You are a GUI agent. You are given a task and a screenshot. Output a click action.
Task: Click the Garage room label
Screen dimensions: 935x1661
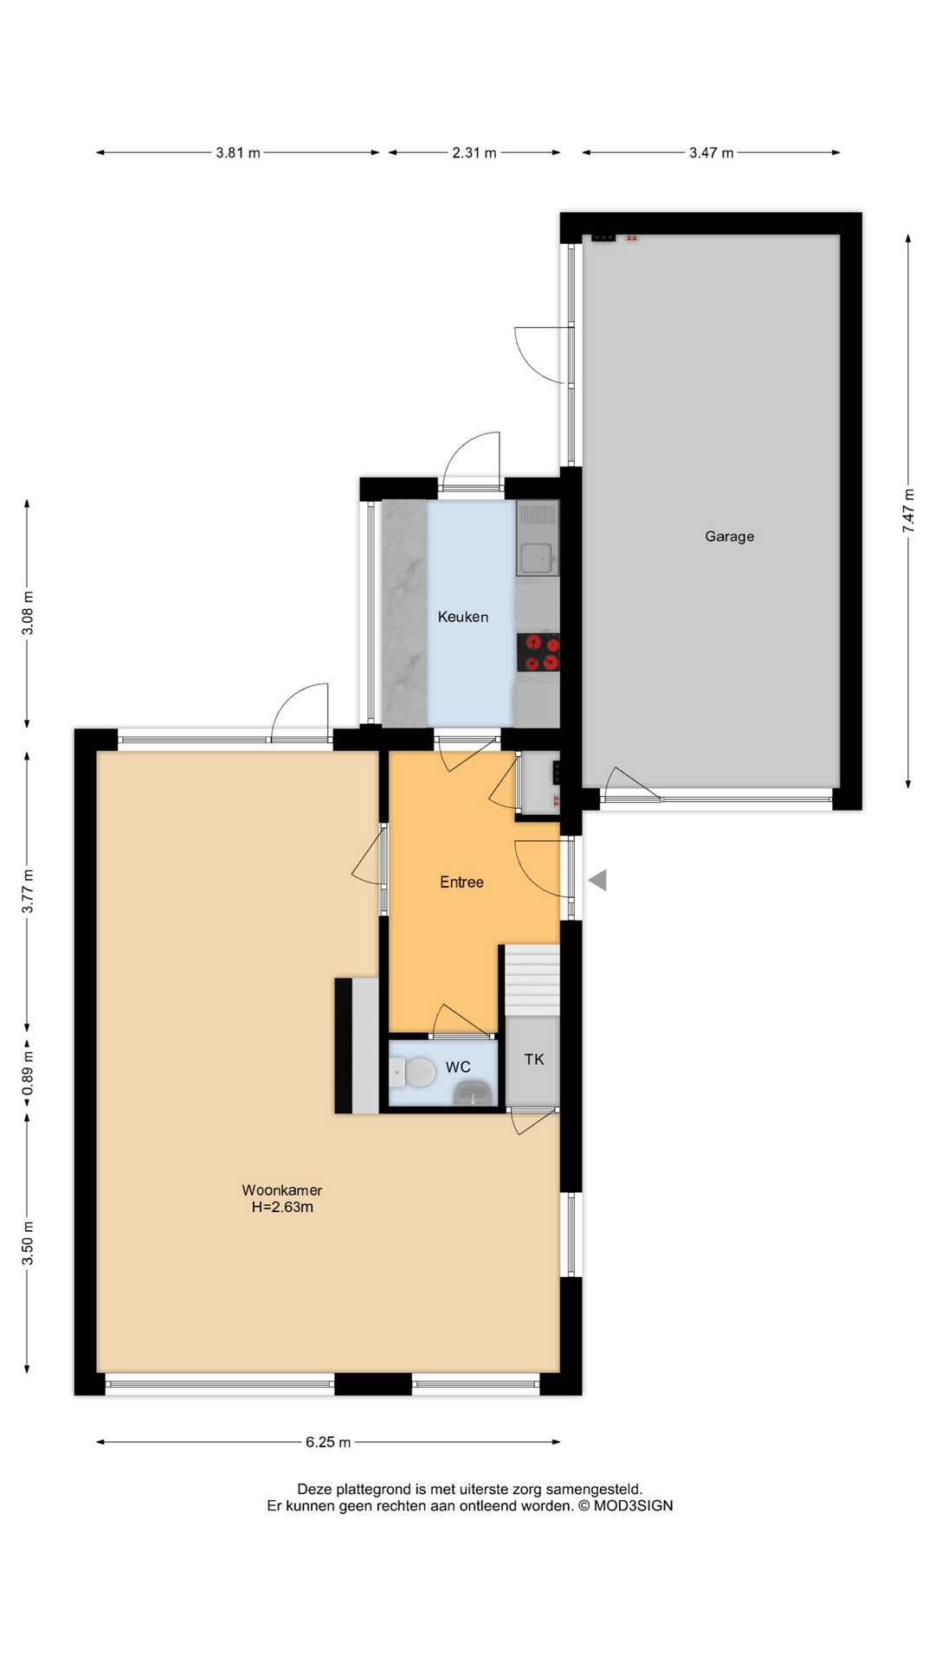(729, 536)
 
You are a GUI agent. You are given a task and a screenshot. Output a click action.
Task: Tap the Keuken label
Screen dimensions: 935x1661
(462, 617)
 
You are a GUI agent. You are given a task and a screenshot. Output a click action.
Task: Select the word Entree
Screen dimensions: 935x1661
(461, 882)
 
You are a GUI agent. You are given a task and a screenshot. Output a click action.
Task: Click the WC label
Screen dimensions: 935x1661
(458, 1067)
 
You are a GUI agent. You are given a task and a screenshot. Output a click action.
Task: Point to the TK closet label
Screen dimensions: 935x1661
(534, 1059)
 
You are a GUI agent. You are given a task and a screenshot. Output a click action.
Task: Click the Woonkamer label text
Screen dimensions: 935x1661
(282, 1190)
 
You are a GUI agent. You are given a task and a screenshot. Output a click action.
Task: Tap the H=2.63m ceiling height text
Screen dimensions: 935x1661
(282, 1207)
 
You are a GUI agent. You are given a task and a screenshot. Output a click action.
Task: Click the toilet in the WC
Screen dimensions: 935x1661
(412, 1074)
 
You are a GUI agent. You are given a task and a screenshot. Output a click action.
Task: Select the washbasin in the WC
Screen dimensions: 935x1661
(474, 1093)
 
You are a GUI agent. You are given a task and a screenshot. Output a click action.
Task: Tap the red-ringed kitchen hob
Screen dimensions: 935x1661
(538, 652)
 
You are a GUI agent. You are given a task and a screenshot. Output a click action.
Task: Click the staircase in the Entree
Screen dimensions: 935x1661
(532, 980)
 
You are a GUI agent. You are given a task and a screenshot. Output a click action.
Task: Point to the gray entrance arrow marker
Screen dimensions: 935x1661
(597, 881)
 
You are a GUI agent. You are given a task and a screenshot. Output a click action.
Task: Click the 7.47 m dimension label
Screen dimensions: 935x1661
(908, 510)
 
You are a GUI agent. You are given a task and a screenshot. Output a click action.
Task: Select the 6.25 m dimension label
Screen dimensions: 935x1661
(328, 1442)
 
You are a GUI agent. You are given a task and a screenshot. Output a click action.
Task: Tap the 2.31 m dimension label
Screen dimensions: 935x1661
(474, 153)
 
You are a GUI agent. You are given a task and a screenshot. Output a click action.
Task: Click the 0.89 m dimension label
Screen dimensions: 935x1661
(28, 1073)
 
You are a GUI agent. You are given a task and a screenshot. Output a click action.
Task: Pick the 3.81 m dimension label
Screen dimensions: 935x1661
(238, 153)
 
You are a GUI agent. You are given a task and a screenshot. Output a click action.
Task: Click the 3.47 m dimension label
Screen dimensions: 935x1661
(712, 153)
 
